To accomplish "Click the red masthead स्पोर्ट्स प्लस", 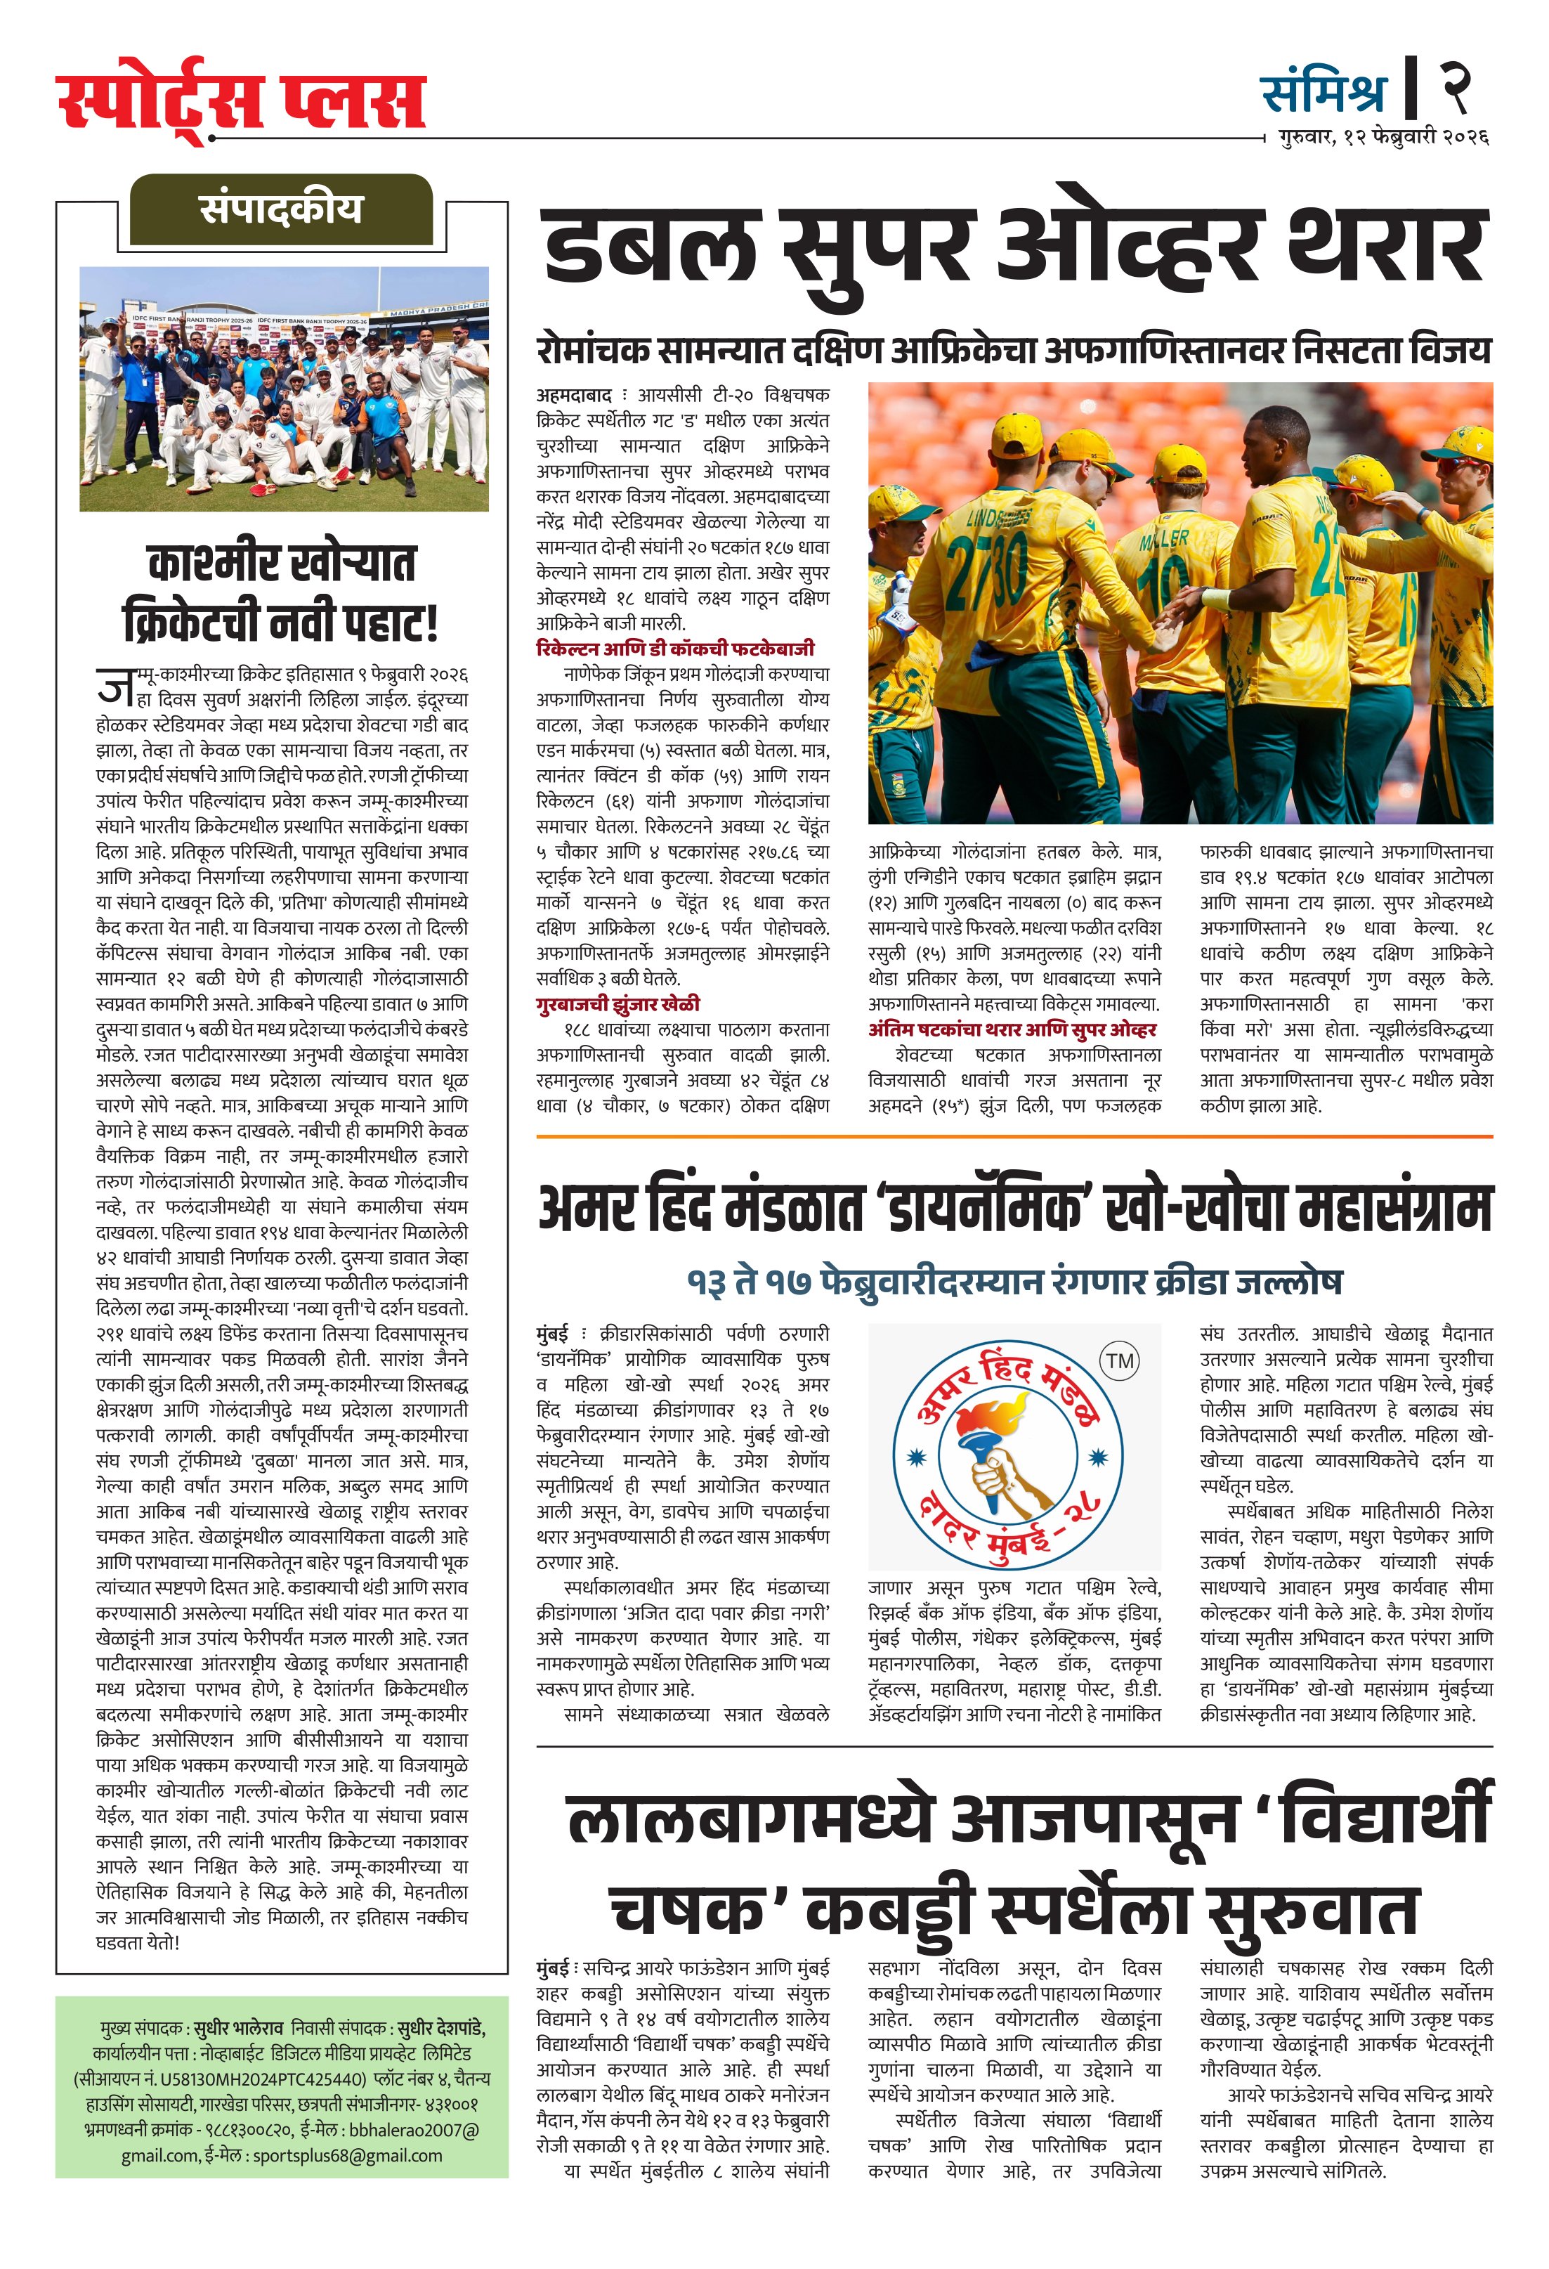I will pyautogui.click(x=240, y=100).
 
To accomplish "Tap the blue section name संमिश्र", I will pyautogui.click(x=1323, y=93).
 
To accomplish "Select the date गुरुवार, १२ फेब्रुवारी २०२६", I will pyautogui.click(x=1383, y=138).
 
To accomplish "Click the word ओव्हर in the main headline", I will pyautogui.click(x=1125, y=246).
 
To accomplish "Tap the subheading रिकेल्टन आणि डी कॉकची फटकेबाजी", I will pyautogui.click(x=674, y=649).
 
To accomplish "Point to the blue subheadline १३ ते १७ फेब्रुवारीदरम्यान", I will pyautogui.click(x=1014, y=1282).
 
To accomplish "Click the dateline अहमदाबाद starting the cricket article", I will pyautogui.click(x=574, y=396).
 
